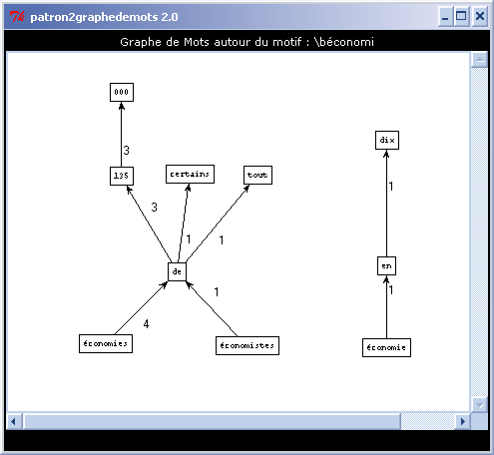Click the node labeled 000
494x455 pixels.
122,92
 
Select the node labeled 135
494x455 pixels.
122,176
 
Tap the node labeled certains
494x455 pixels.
190,174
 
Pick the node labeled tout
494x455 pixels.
257,175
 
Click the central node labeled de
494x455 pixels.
177,271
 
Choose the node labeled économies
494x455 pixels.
106,343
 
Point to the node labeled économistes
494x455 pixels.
247,345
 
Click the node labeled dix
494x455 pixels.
387,140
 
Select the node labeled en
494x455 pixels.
386,265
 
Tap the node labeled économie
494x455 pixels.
386,347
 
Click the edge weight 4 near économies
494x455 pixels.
146,324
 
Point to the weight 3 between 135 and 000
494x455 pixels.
126,151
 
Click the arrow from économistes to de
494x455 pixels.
212,309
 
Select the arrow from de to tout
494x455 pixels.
218,224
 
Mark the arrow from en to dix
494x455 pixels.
386,204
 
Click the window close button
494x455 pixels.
480,16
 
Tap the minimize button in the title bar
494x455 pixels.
445,16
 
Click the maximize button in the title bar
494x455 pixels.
461,16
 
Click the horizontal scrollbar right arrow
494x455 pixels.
463,421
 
